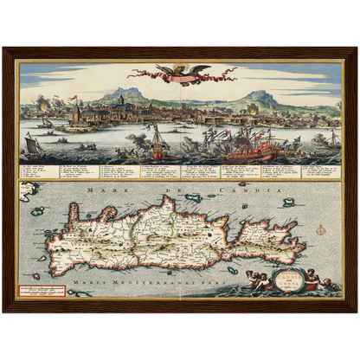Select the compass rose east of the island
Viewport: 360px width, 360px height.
(321, 231)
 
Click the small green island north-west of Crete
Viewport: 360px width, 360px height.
(38, 211)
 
